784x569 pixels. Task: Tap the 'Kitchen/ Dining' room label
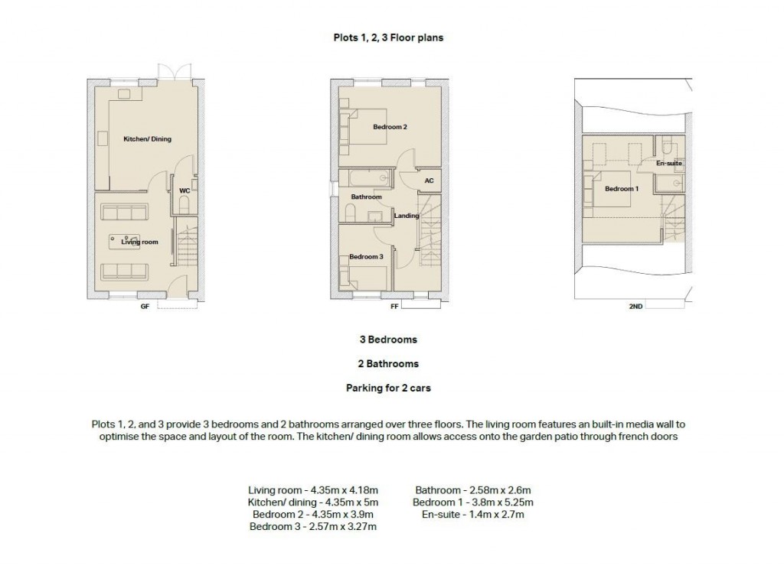click(x=148, y=139)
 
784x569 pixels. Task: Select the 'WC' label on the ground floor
click(x=184, y=190)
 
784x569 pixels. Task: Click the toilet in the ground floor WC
click(x=184, y=204)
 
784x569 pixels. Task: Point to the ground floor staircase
click(x=187, y=245)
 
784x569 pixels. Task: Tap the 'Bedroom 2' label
click(x=389, y=127)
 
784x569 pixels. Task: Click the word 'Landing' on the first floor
click(x=406, y=216)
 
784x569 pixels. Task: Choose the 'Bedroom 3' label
click(x=365, y=257)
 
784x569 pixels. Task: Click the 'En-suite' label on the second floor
click(x=668, y=164)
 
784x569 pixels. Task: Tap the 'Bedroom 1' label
click(x=620, y=189)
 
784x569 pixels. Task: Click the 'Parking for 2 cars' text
click(x=388, y=389)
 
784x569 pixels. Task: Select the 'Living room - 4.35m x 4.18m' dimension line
click(x=313, y=490)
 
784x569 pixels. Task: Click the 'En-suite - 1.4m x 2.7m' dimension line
click(x=472, y=515)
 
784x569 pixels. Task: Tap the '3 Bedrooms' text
click(x=388, y=340)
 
